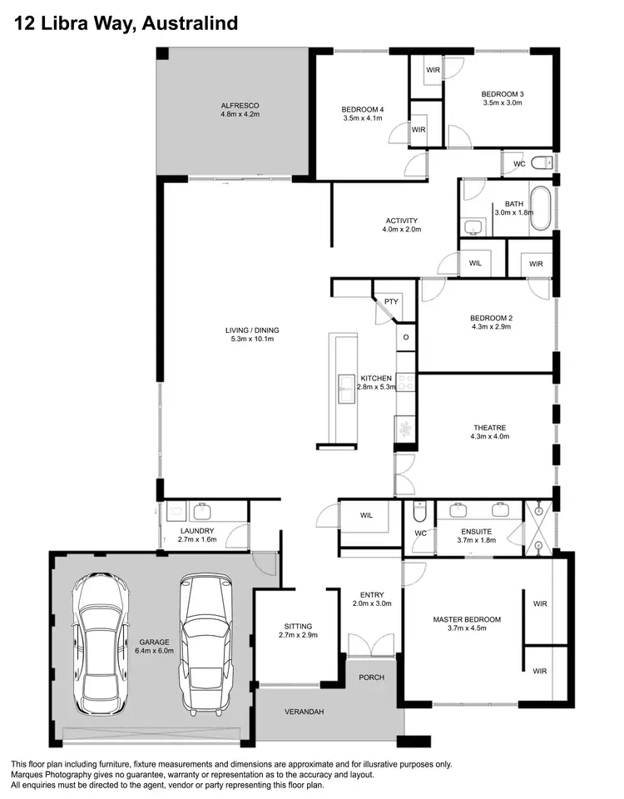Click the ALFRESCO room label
point(240,106)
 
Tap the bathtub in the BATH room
point(541,209)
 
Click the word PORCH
point(371,677)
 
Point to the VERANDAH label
point(305,712)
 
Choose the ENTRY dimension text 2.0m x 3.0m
point(371,603)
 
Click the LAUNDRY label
point(197,530)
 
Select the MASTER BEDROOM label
point(467,619)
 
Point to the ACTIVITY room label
point(402,221)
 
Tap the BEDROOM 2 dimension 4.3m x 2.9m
point(490,327)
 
